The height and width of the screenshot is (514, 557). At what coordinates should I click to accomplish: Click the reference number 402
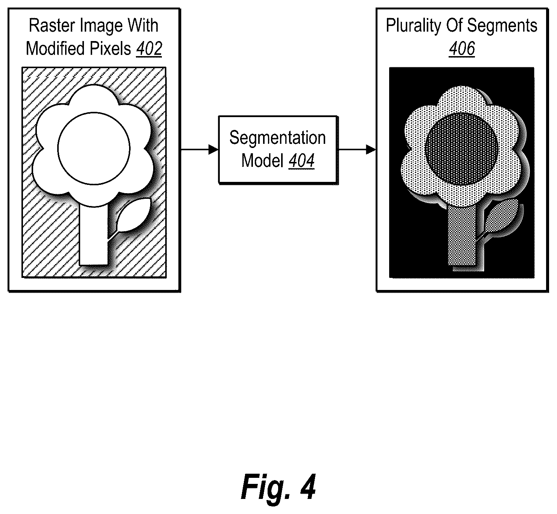[x=149, y=49]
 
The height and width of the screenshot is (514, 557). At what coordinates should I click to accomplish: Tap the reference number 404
[x=301, y=161]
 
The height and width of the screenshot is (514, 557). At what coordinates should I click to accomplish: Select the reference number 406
[x=462, y=49]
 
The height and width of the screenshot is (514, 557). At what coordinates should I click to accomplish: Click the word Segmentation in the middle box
[x=278, y=138]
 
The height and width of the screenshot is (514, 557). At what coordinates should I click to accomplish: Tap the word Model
[x=262, y=161]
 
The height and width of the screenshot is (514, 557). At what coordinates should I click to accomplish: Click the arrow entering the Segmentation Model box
[x=199, y=149]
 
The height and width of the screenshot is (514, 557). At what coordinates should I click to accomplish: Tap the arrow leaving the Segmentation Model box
[x=357, y=149]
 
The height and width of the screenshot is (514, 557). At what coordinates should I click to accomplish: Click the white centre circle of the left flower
[x=94, y=148]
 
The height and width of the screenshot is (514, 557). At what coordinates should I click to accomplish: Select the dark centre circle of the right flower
[x=461, y=149]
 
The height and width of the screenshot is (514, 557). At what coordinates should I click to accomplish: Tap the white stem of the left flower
[x=94, y=235]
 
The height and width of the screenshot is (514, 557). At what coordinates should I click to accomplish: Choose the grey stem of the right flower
[x=462, y=235]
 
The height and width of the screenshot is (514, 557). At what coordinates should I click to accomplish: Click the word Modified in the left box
[x=56, y=49]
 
